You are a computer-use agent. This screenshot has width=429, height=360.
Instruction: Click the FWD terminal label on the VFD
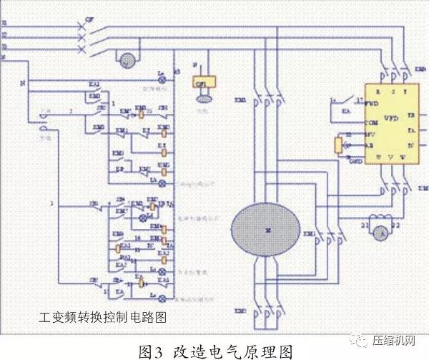point(372,104)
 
